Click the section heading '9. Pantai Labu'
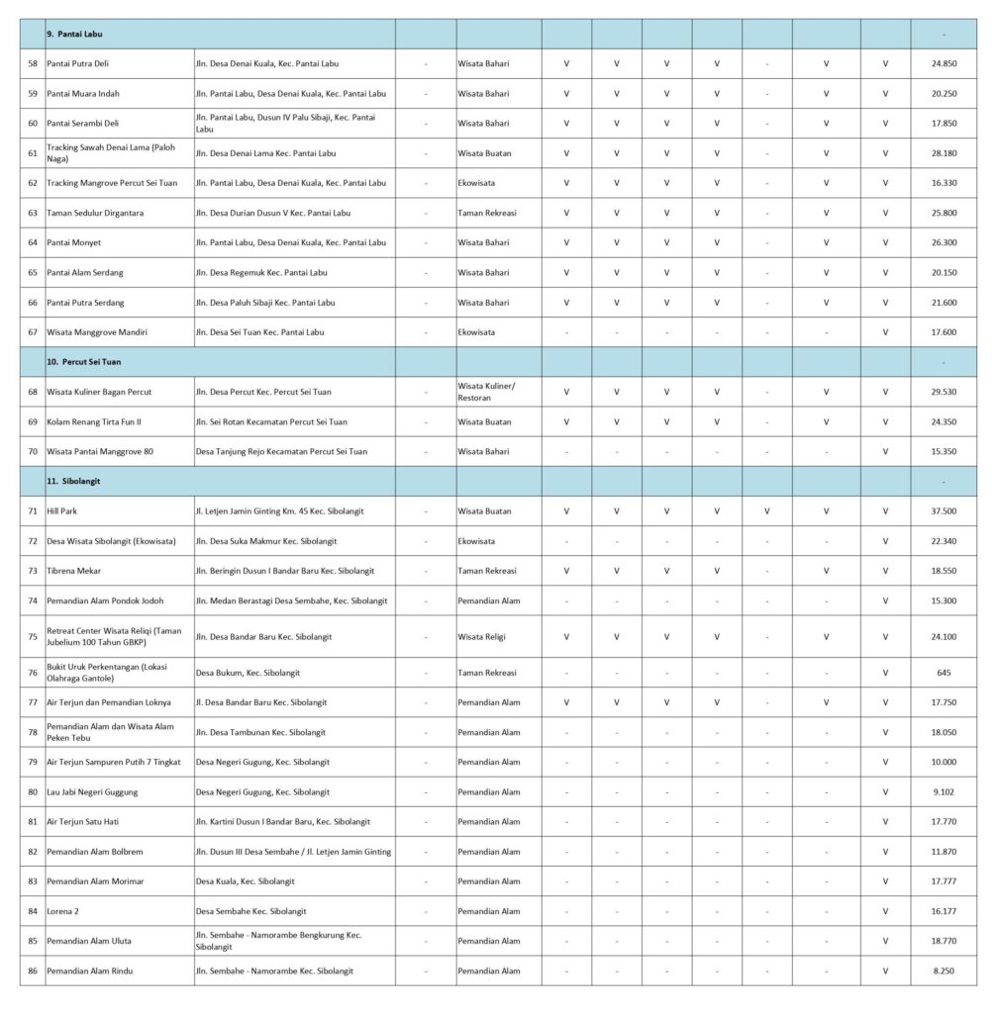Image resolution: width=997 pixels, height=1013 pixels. (77, 34)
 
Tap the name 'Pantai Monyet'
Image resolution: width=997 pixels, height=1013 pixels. (74, 242)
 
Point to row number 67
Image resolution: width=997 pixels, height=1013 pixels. (33, 331)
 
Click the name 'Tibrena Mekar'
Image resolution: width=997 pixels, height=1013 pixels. (74, 571)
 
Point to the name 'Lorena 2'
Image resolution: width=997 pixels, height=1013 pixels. (63, 910)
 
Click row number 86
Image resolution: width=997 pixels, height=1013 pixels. (33, 970)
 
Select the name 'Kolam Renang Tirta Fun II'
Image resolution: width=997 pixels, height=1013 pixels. (94, 421)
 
